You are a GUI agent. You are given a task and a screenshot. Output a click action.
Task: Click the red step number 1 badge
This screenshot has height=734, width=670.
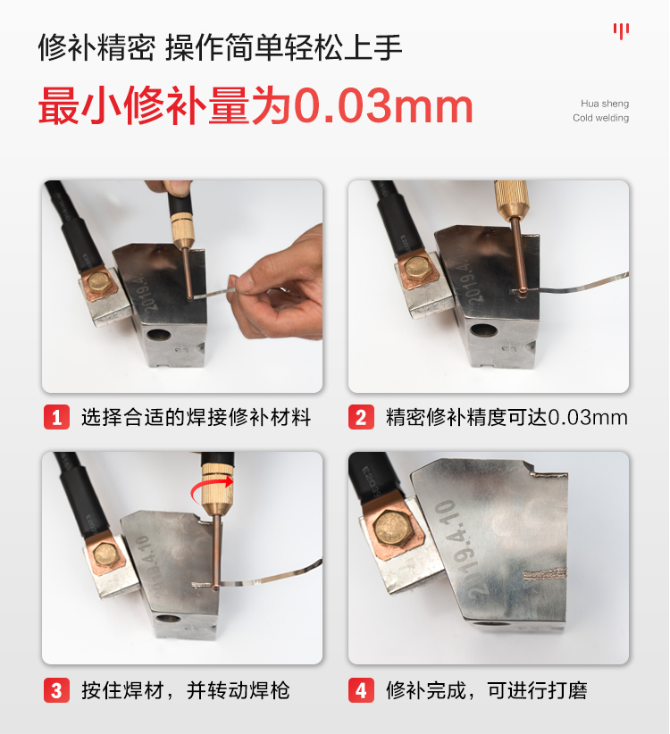click(x=56, y=417)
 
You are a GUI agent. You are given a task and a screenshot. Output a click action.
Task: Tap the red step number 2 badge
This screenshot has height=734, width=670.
click(x=361, y=417)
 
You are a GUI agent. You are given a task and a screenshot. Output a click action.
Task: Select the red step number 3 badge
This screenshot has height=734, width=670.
click(x=56, y=690)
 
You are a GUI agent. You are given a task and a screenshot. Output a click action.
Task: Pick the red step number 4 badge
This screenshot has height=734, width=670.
click(x=361, y=690)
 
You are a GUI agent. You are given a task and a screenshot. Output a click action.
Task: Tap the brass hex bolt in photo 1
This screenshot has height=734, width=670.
click(x=99, y=281)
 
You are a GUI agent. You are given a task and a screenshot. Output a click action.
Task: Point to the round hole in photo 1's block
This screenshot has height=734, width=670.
click(x=158, y=334)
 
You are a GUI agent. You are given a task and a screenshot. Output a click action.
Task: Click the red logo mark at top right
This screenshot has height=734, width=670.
click(x=621, y=31)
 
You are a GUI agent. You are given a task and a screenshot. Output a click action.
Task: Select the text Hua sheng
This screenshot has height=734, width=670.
click(x=605, y=104)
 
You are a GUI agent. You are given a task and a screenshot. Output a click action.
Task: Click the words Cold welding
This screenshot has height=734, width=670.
click(x=600, y=118)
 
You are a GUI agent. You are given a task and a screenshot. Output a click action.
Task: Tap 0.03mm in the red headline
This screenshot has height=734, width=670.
click(x=384, y=106)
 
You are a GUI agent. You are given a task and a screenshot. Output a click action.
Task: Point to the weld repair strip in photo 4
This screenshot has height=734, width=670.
click(x=545, y=573)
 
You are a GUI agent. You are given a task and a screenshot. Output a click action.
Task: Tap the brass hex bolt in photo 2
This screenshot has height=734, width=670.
click(x=418, y=268)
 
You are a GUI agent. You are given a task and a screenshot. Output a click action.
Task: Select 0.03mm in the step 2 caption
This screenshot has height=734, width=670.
click(x=588, y=417)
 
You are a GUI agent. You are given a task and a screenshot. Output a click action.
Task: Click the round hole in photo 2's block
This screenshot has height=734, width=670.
click(x=483, y=329)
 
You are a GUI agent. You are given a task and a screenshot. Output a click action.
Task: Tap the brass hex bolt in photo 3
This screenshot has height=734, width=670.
click(x=105, y=556)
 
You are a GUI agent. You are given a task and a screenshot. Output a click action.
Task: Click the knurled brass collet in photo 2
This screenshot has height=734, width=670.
click(x=511, y=198)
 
